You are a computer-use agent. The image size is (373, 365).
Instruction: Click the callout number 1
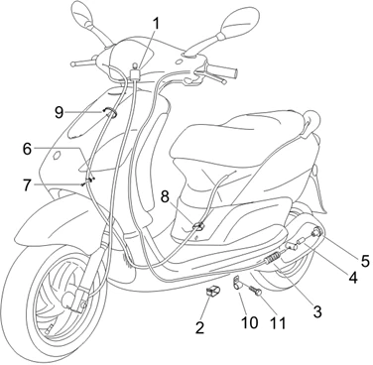click(x=156, y=24)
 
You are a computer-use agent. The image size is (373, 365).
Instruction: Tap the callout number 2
click(x=199, y=327)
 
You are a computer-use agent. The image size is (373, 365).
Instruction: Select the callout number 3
click(x=317, y=311)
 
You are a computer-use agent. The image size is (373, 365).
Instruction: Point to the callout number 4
click(x=353, y=278)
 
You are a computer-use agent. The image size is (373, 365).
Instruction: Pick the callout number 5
click(x=365, y=261)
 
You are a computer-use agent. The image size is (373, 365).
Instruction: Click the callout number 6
click(x=28, y=149)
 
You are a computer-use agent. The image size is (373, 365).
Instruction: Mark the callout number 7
click(x=28, y=184)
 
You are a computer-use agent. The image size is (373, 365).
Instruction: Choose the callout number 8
click(x=165, y=197)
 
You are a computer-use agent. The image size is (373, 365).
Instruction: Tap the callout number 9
click(x=59, y=112)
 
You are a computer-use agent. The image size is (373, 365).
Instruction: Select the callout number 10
click(x=250, y=322)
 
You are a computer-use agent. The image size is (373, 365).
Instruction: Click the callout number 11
click(x=278, y=322)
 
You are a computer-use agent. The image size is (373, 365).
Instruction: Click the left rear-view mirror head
click(x=82, y=12)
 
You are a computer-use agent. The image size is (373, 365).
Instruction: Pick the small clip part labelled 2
click(x=213, y=290)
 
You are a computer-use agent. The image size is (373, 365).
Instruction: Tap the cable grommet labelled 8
click(x=198, y=226)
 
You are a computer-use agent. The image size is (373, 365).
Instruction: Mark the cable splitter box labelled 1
click(x=135, y=73)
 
